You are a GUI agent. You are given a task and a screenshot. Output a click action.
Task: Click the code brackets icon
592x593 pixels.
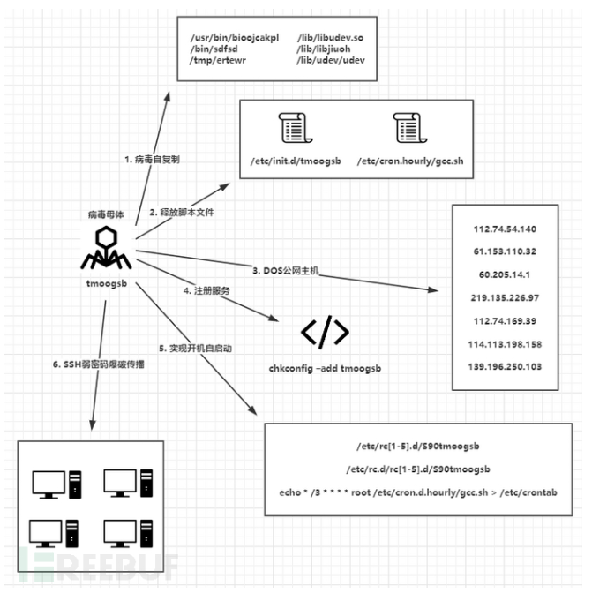(x=325, y=331)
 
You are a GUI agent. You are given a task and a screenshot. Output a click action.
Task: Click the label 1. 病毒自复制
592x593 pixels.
(x=152, y=160)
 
